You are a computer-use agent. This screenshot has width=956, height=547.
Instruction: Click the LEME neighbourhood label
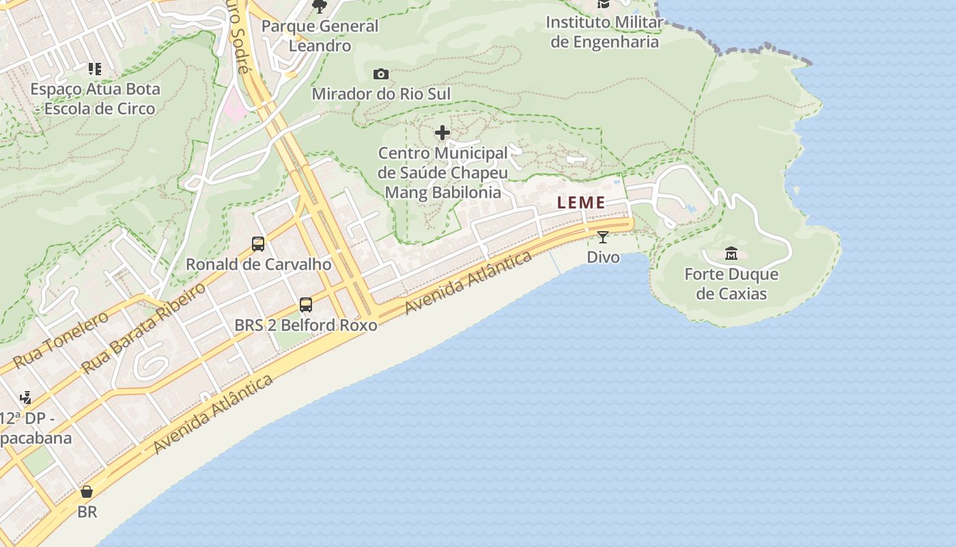[x=581, y=202]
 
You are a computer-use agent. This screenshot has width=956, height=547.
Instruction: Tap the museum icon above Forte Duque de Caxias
[x=731, y=254]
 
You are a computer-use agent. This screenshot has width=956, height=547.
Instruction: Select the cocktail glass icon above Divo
[x=603, y=237]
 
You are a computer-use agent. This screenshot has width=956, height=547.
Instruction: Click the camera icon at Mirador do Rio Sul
[x=381, y=74]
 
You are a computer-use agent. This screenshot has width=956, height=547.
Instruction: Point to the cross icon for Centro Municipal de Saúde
[x=442, y=132]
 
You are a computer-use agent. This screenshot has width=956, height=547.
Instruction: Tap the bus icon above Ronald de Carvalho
[x=258, y=244]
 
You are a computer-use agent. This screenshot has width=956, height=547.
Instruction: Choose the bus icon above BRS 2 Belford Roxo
[x=306, y=305]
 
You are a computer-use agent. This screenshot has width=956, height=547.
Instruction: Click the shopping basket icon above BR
[x=87, y=492]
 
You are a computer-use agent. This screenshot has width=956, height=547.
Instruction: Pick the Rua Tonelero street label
[x=60, y=340]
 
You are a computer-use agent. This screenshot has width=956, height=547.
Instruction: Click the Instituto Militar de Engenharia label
[x=605, y=32]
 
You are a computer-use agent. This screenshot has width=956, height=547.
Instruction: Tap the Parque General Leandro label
[x=320, y=36]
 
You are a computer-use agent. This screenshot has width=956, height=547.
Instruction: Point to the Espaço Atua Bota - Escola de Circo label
[x=96, y=98]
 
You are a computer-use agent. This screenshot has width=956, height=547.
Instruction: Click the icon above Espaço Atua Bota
[x=94, y=69]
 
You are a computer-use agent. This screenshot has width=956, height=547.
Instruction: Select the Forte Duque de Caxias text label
[x=731, y=284]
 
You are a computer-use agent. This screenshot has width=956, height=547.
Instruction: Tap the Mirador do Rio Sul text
[x=381, y=94]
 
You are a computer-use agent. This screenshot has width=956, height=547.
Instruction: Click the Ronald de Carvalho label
[x=259, y=265]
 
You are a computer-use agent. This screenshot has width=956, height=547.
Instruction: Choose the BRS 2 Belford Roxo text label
[x=306, y=325]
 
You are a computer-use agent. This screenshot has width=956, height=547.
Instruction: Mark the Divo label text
[x=604, y=257]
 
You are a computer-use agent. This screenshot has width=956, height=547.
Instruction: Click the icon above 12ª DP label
[x=26, y=397]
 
